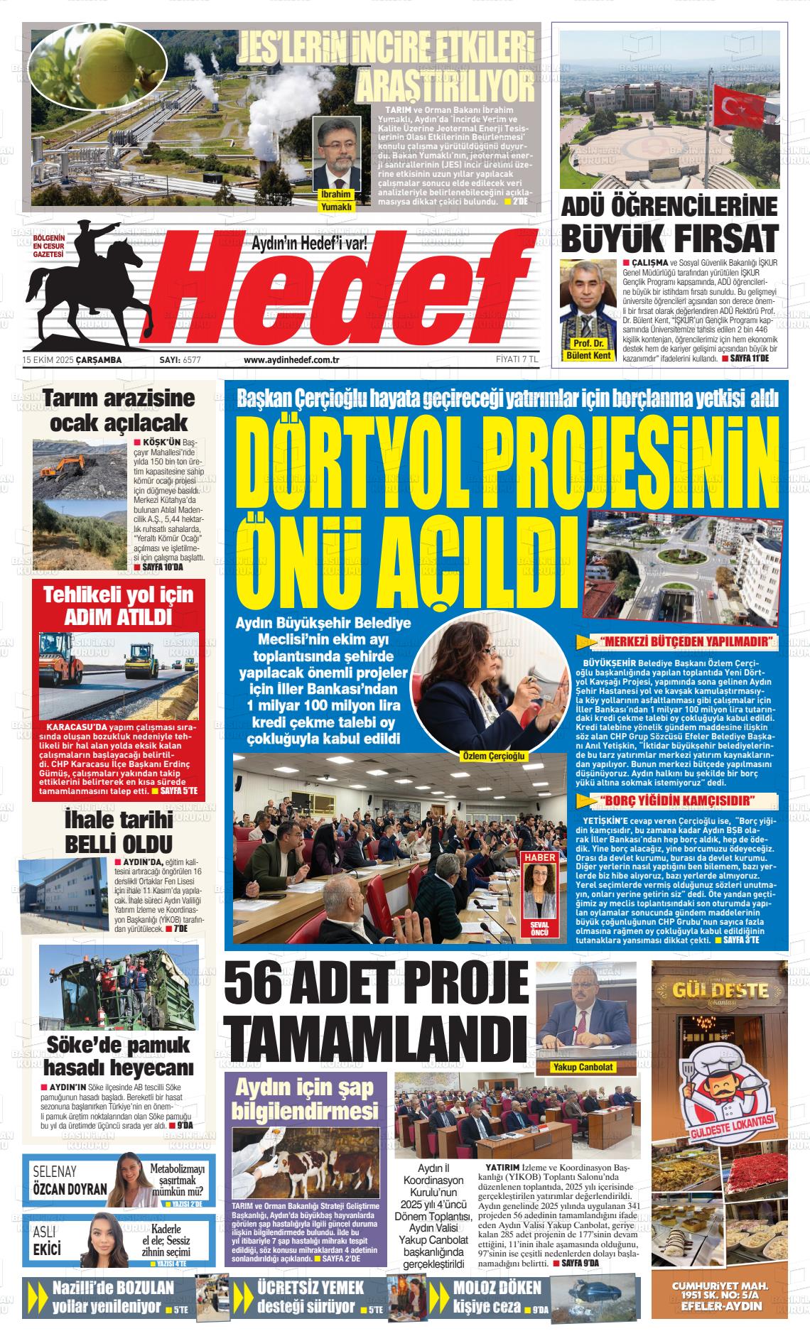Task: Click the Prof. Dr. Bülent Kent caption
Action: click(589, 349)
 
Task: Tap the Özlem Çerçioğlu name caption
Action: click(493, 756)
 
